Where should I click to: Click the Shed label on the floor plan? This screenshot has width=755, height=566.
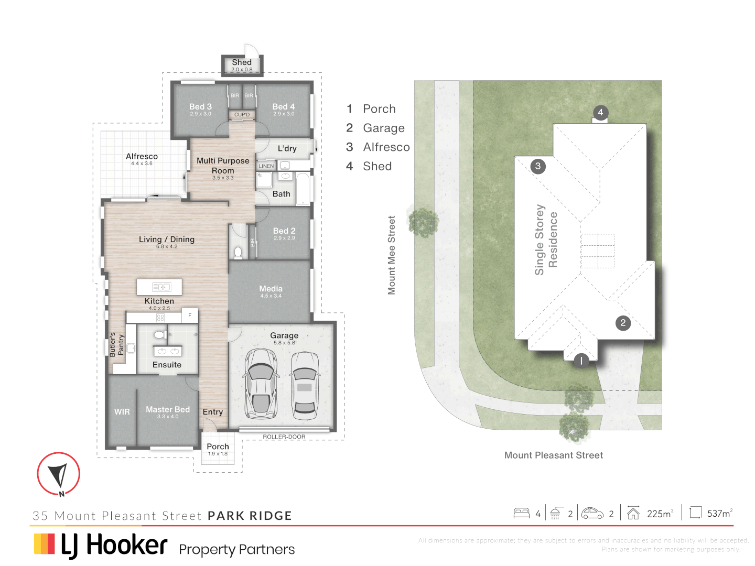(x=242, y=62)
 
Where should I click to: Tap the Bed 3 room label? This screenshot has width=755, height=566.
(x=200, y=107)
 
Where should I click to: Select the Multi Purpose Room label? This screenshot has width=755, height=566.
(x=223, y=166)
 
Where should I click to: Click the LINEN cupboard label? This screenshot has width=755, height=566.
(x=266, y=166)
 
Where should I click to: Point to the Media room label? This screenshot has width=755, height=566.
(x=271, y=289)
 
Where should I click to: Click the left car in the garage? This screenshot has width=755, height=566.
(x=261, y=383)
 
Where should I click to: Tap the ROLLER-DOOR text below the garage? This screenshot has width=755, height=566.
(x=284, y=437)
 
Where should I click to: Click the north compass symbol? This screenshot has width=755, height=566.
(x=58, y=474)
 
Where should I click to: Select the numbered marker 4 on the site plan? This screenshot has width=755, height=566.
(x=600, y=112)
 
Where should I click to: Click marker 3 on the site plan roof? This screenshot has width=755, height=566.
(x=538, y=166)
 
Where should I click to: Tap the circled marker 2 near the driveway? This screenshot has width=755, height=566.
(x=623, y=323)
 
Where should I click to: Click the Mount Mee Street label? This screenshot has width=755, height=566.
(x=391, y=255)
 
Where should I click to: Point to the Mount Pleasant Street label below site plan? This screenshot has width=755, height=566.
(x=553, y=455)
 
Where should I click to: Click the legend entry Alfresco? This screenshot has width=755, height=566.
(x=386, y=147)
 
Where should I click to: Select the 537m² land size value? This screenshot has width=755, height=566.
(x=719, y=514)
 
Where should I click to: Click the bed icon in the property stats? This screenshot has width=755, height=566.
(x=521, y=513)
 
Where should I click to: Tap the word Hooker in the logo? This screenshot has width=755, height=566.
(x=126, y=545)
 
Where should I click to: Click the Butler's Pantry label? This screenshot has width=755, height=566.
(x=116, y=345)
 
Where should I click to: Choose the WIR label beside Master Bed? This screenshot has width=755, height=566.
(x=122, y=412)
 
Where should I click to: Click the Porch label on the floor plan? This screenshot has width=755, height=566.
(x=218, y=447)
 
